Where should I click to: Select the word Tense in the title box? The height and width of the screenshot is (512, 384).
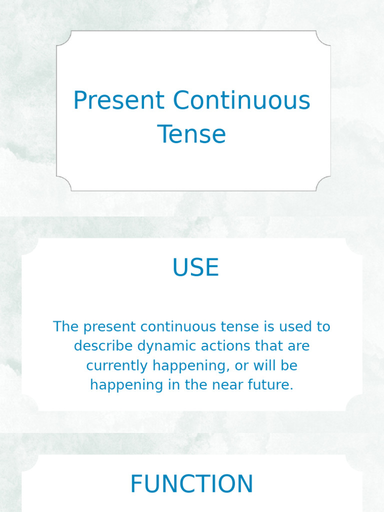[192, 134]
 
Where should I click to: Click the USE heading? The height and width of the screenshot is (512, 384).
[195, 267]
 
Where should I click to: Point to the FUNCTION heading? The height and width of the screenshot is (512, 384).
[191, 484]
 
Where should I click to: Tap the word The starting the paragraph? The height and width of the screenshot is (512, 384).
[66, 326]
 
